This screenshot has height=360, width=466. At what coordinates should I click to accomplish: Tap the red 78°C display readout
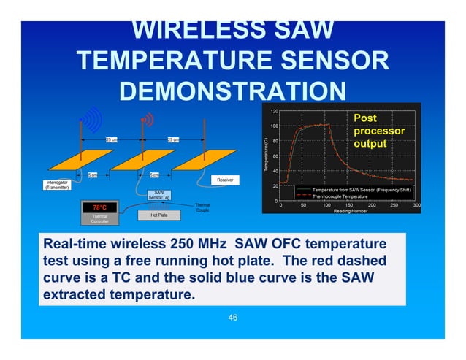point(99,208)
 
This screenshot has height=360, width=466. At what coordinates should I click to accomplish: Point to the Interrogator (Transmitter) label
point(57,185)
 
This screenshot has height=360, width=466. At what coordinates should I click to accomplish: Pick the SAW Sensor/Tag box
point(158,195)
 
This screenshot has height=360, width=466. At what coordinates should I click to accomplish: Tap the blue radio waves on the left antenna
point(91,118)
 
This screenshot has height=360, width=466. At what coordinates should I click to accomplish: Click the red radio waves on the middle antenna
point(148,118)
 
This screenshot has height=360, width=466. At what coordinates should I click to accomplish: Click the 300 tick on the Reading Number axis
point(416,205)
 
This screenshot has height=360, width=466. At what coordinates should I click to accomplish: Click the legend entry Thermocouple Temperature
point(345,196)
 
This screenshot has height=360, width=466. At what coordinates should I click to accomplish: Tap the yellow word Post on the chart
point(365,118)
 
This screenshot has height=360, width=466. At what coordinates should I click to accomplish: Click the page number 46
point(233,318)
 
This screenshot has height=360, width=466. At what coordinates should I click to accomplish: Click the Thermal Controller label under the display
point(99,219)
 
